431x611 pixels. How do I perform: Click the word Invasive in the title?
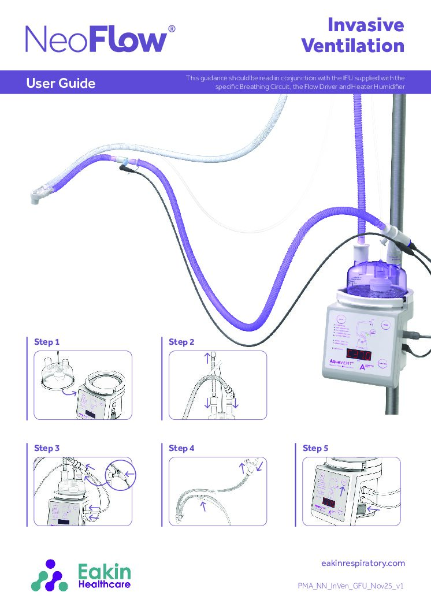(365, 25)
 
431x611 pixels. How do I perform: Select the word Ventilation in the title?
(353, 46)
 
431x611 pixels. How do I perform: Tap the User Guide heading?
(61, 84)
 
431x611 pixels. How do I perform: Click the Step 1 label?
(47, 342)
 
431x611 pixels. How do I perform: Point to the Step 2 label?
(181, 342)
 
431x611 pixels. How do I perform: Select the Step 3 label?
(47, 448)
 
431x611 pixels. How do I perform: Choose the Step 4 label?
(181, 448)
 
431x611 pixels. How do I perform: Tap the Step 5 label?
(315, 448)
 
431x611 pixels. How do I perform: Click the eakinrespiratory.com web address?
(362, 563)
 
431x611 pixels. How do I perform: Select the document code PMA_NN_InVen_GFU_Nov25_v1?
(350, 586)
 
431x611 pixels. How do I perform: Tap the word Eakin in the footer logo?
(104, 572)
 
